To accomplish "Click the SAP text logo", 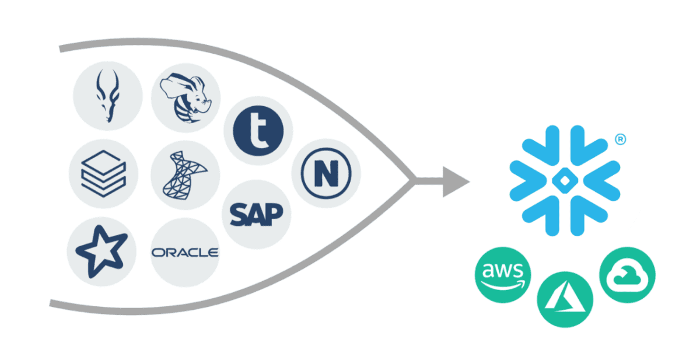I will click(256, 214).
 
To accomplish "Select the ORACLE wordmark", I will click(184, 253).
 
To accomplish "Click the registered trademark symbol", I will click(622, 141).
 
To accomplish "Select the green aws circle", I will click(503, 275).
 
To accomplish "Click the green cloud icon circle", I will click(627, 275).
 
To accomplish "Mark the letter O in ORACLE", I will click(157, 253).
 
